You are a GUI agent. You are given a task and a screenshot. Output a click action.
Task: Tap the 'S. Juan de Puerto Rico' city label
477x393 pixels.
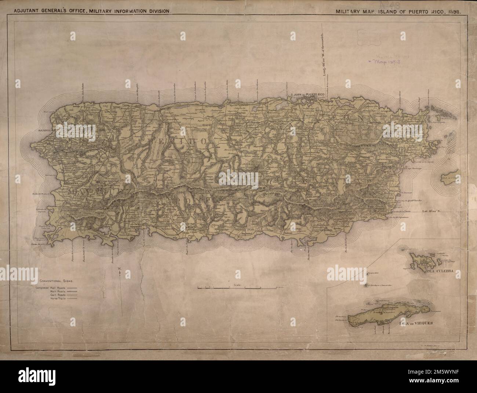(307, 95)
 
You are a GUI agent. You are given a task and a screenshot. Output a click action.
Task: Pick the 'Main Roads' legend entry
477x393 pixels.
(52, 291)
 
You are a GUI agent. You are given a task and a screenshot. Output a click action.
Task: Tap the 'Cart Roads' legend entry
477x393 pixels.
(52, 295)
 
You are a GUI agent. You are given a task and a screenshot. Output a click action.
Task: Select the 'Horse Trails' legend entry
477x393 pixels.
(52, 299)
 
